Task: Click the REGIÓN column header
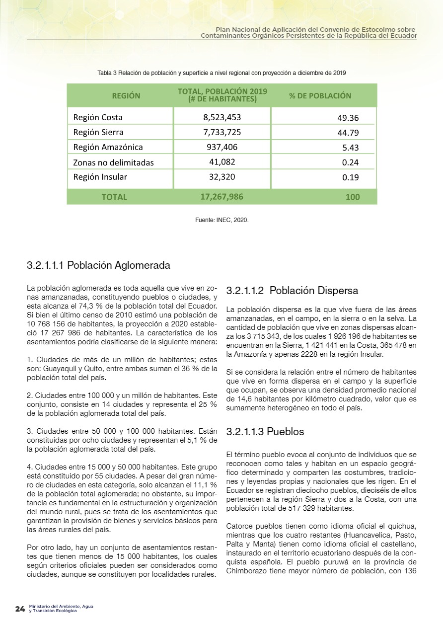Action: (x=126, y=96)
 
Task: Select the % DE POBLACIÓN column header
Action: (x=320, y=96)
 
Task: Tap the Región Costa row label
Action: (x=98, y=118)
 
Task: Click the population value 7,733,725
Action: (x=222, y=132)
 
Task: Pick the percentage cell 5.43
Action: (x=350, y=148)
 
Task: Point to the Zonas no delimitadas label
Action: (x=113, y=162)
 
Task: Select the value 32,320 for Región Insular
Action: (x=222, y=176)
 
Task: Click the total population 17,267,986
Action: (x=221, y=197)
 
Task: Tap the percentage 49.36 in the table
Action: (x=348, y=118)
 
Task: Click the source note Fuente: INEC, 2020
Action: (x=221, y=219)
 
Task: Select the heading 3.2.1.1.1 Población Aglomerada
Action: (x=98, y=265)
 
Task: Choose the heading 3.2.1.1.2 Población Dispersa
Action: (x=292, y=291)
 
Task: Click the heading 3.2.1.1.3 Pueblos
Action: (x=265, y=432)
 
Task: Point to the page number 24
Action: (x=20, y=609)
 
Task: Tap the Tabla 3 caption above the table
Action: (x=221, y=73)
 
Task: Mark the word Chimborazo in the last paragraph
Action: (x=247, y=571)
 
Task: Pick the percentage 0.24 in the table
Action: (x=350, y=162)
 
